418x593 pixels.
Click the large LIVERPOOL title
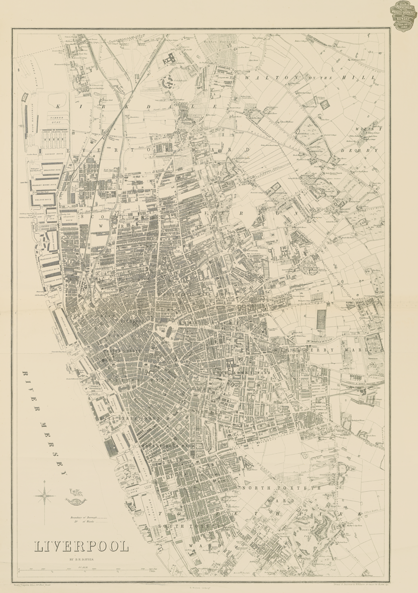(82, 547)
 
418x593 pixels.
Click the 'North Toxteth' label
(281, 487)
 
